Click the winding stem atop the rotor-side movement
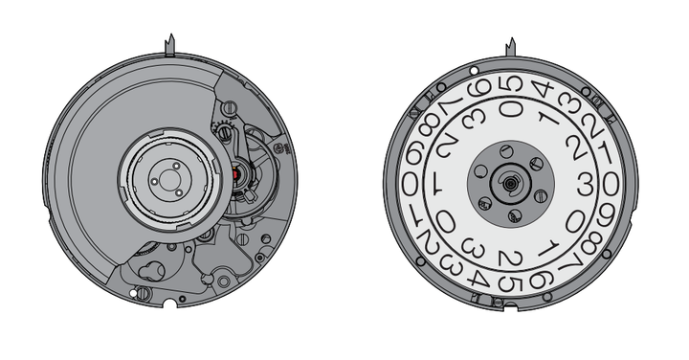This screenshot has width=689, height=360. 169,45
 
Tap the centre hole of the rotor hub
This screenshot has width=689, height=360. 167,179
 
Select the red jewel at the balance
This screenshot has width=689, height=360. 235,174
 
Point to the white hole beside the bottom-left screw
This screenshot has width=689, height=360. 133,292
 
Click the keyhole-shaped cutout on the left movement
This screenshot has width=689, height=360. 151,269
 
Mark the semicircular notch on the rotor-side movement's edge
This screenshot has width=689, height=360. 170,304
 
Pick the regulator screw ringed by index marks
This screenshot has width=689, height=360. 225,131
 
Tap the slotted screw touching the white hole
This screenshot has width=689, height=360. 143,293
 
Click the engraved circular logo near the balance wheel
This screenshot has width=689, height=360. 278,148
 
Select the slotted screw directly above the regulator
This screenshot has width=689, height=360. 230,107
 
